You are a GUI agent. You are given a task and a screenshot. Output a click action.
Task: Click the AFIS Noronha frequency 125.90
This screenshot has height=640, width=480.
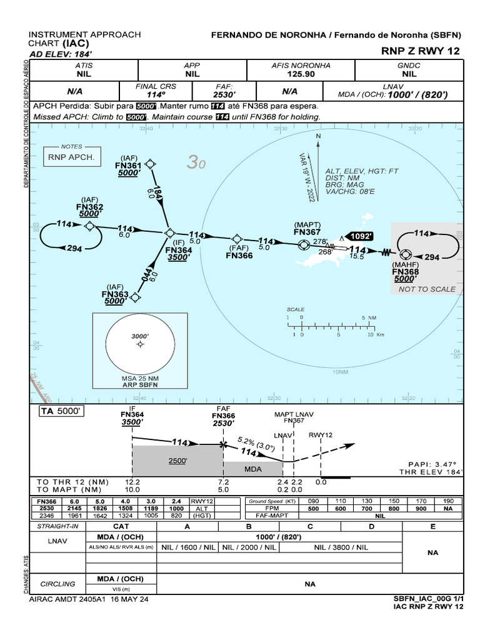(x=301, y=74)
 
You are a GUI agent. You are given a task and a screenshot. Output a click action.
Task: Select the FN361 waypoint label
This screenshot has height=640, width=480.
(x=128, y=166)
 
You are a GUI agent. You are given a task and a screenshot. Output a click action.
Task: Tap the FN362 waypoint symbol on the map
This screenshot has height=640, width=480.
(x=90, y=226)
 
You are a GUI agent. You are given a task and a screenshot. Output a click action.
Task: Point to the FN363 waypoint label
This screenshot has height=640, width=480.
(x=115, y=294)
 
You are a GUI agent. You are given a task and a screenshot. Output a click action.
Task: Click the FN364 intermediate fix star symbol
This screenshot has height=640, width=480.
(x=169, y=232)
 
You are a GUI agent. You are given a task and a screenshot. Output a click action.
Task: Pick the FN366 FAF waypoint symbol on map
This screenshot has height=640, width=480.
(x=237, y=239)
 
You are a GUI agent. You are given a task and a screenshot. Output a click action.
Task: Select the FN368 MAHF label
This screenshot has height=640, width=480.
(x=405, y=272)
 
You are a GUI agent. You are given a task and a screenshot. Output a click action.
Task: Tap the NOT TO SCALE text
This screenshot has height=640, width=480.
(x=427, y=289)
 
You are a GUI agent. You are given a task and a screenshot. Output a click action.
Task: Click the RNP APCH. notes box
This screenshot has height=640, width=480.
(x=71, y=157)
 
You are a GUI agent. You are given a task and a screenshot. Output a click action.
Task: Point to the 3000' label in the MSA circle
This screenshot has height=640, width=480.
(x=139, y=336)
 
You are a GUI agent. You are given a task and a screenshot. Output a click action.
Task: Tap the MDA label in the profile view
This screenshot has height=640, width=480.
(x=253, y=469)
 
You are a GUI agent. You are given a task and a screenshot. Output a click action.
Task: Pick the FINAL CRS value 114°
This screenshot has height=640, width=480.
(x=156, y=95)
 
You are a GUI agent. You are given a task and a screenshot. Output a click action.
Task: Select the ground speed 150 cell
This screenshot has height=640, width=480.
(x=394, y=501)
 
